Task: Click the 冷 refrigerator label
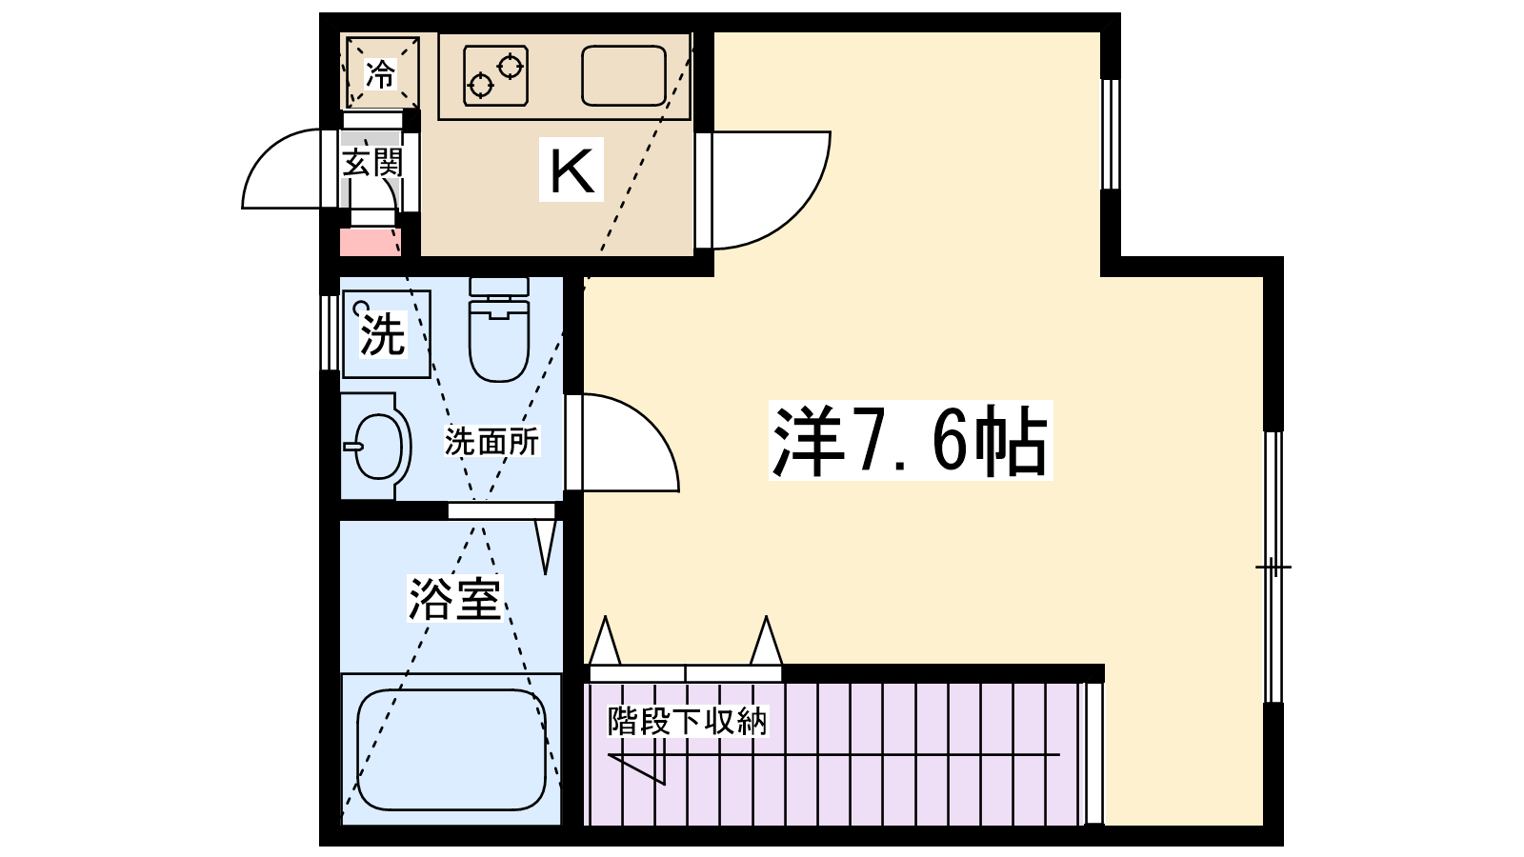(381, 74)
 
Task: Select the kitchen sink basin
(623, 75)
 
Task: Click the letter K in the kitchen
(571, 169)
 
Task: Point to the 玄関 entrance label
(372, 163)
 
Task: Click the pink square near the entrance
(371, 242)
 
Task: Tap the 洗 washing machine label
(382, 334)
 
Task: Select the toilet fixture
(498, 331)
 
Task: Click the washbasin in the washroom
(376, 446)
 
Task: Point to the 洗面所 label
(491, 442)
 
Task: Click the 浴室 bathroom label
(454, 598)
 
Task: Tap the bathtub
(451, 749)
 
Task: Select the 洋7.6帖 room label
(910, 441)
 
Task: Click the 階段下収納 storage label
(687, 721)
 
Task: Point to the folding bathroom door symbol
(546, 545)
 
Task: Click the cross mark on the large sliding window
(1273, 568)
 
